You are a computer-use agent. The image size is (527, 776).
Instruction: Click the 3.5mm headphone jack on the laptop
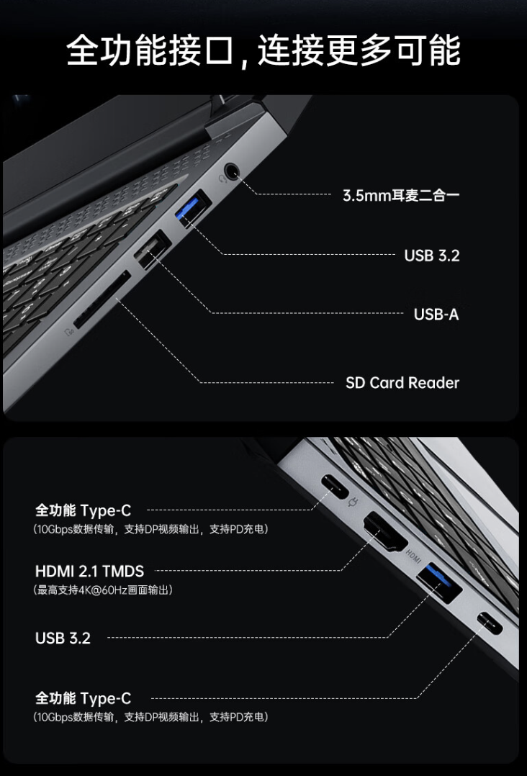232,171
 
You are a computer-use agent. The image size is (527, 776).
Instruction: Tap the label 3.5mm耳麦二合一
400,195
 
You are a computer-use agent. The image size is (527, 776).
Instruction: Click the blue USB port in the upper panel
192,209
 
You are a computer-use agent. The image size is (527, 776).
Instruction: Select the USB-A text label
436,314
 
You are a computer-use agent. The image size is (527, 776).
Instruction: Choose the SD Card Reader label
402,383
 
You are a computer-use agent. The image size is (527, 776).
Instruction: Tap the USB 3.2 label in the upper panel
431,255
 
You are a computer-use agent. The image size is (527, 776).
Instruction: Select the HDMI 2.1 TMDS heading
89,572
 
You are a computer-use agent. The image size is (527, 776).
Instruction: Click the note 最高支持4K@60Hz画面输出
102,590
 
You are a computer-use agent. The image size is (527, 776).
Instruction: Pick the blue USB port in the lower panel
439,582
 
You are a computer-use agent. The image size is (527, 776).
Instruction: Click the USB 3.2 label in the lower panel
63,638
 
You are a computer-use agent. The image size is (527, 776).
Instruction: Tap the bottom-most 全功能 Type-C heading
83,698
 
